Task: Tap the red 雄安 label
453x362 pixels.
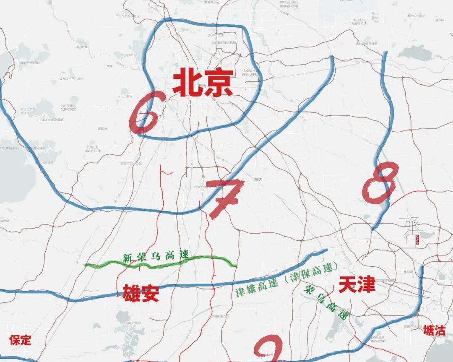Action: (x=141, y=293)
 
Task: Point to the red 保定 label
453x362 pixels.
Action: (x=20, y=339)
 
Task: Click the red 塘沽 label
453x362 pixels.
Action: (x=434, y=330)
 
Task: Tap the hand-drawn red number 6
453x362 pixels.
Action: (x=144, y=112)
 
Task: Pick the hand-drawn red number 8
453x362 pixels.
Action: (x=380, y=181)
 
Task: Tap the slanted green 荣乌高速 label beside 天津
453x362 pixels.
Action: (x=327, y=302)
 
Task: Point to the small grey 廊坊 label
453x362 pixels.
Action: (x=258, y=180)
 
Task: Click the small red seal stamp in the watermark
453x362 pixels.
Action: (x=418, y=240)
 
